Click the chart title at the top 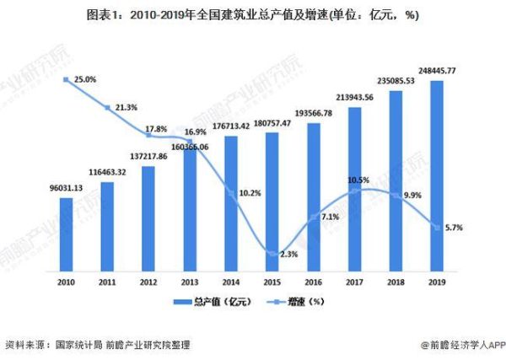click(253, 14)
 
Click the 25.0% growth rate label click(84, 79)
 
